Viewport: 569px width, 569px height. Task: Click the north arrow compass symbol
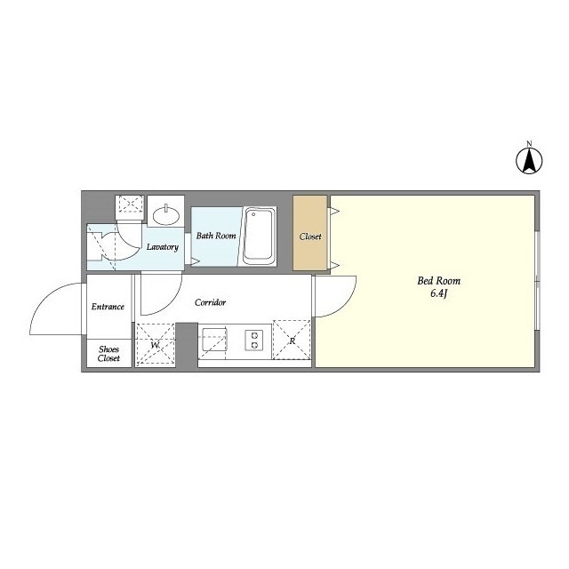click(529, 161)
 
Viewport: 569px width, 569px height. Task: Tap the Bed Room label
click(438, 281)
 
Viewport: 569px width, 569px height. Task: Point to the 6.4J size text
click(438, 293)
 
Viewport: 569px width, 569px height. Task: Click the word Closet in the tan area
click(310, 236)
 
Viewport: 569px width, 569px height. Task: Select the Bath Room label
click(216, 236)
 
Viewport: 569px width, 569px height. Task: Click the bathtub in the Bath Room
click(258, 236)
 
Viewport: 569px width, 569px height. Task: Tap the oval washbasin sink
click(166, 215)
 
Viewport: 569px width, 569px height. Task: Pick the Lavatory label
click(163, 247)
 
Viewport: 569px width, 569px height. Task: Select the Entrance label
click(108, 307)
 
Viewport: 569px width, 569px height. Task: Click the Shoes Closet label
click(108, 354)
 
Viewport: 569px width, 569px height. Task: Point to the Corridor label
click(210, 302)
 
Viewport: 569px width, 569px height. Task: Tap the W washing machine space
click(155, 345)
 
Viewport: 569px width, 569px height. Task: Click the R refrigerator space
click(292, 340)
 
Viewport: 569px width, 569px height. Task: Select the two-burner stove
click(254, 341)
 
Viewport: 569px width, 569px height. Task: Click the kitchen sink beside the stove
click(214, 340)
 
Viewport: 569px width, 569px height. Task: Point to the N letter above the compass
click(529, 143)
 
